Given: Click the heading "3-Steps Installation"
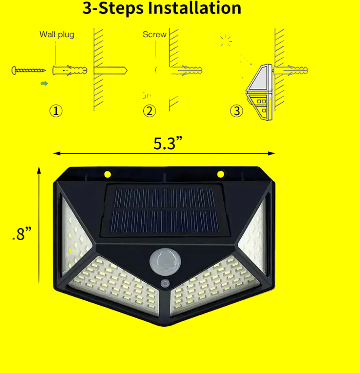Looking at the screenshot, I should tap(162, 8).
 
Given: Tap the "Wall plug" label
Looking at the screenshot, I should tap(57, 34).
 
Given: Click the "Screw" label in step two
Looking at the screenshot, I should tap(154, 34).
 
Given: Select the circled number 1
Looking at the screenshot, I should tap(56, 111).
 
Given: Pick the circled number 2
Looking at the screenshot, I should tap(149, 111).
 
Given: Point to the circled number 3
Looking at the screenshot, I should tap(236, 111).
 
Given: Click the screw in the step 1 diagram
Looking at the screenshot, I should tap(28, 71).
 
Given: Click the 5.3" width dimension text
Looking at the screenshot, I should tap(168, 144).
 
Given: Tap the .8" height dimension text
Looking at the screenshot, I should tap(22, 234).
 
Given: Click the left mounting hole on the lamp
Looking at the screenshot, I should tap(108, 174).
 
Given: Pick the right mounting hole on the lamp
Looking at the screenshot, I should tap(221, 174).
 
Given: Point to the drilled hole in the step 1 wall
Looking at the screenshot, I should tap(110, 70).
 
